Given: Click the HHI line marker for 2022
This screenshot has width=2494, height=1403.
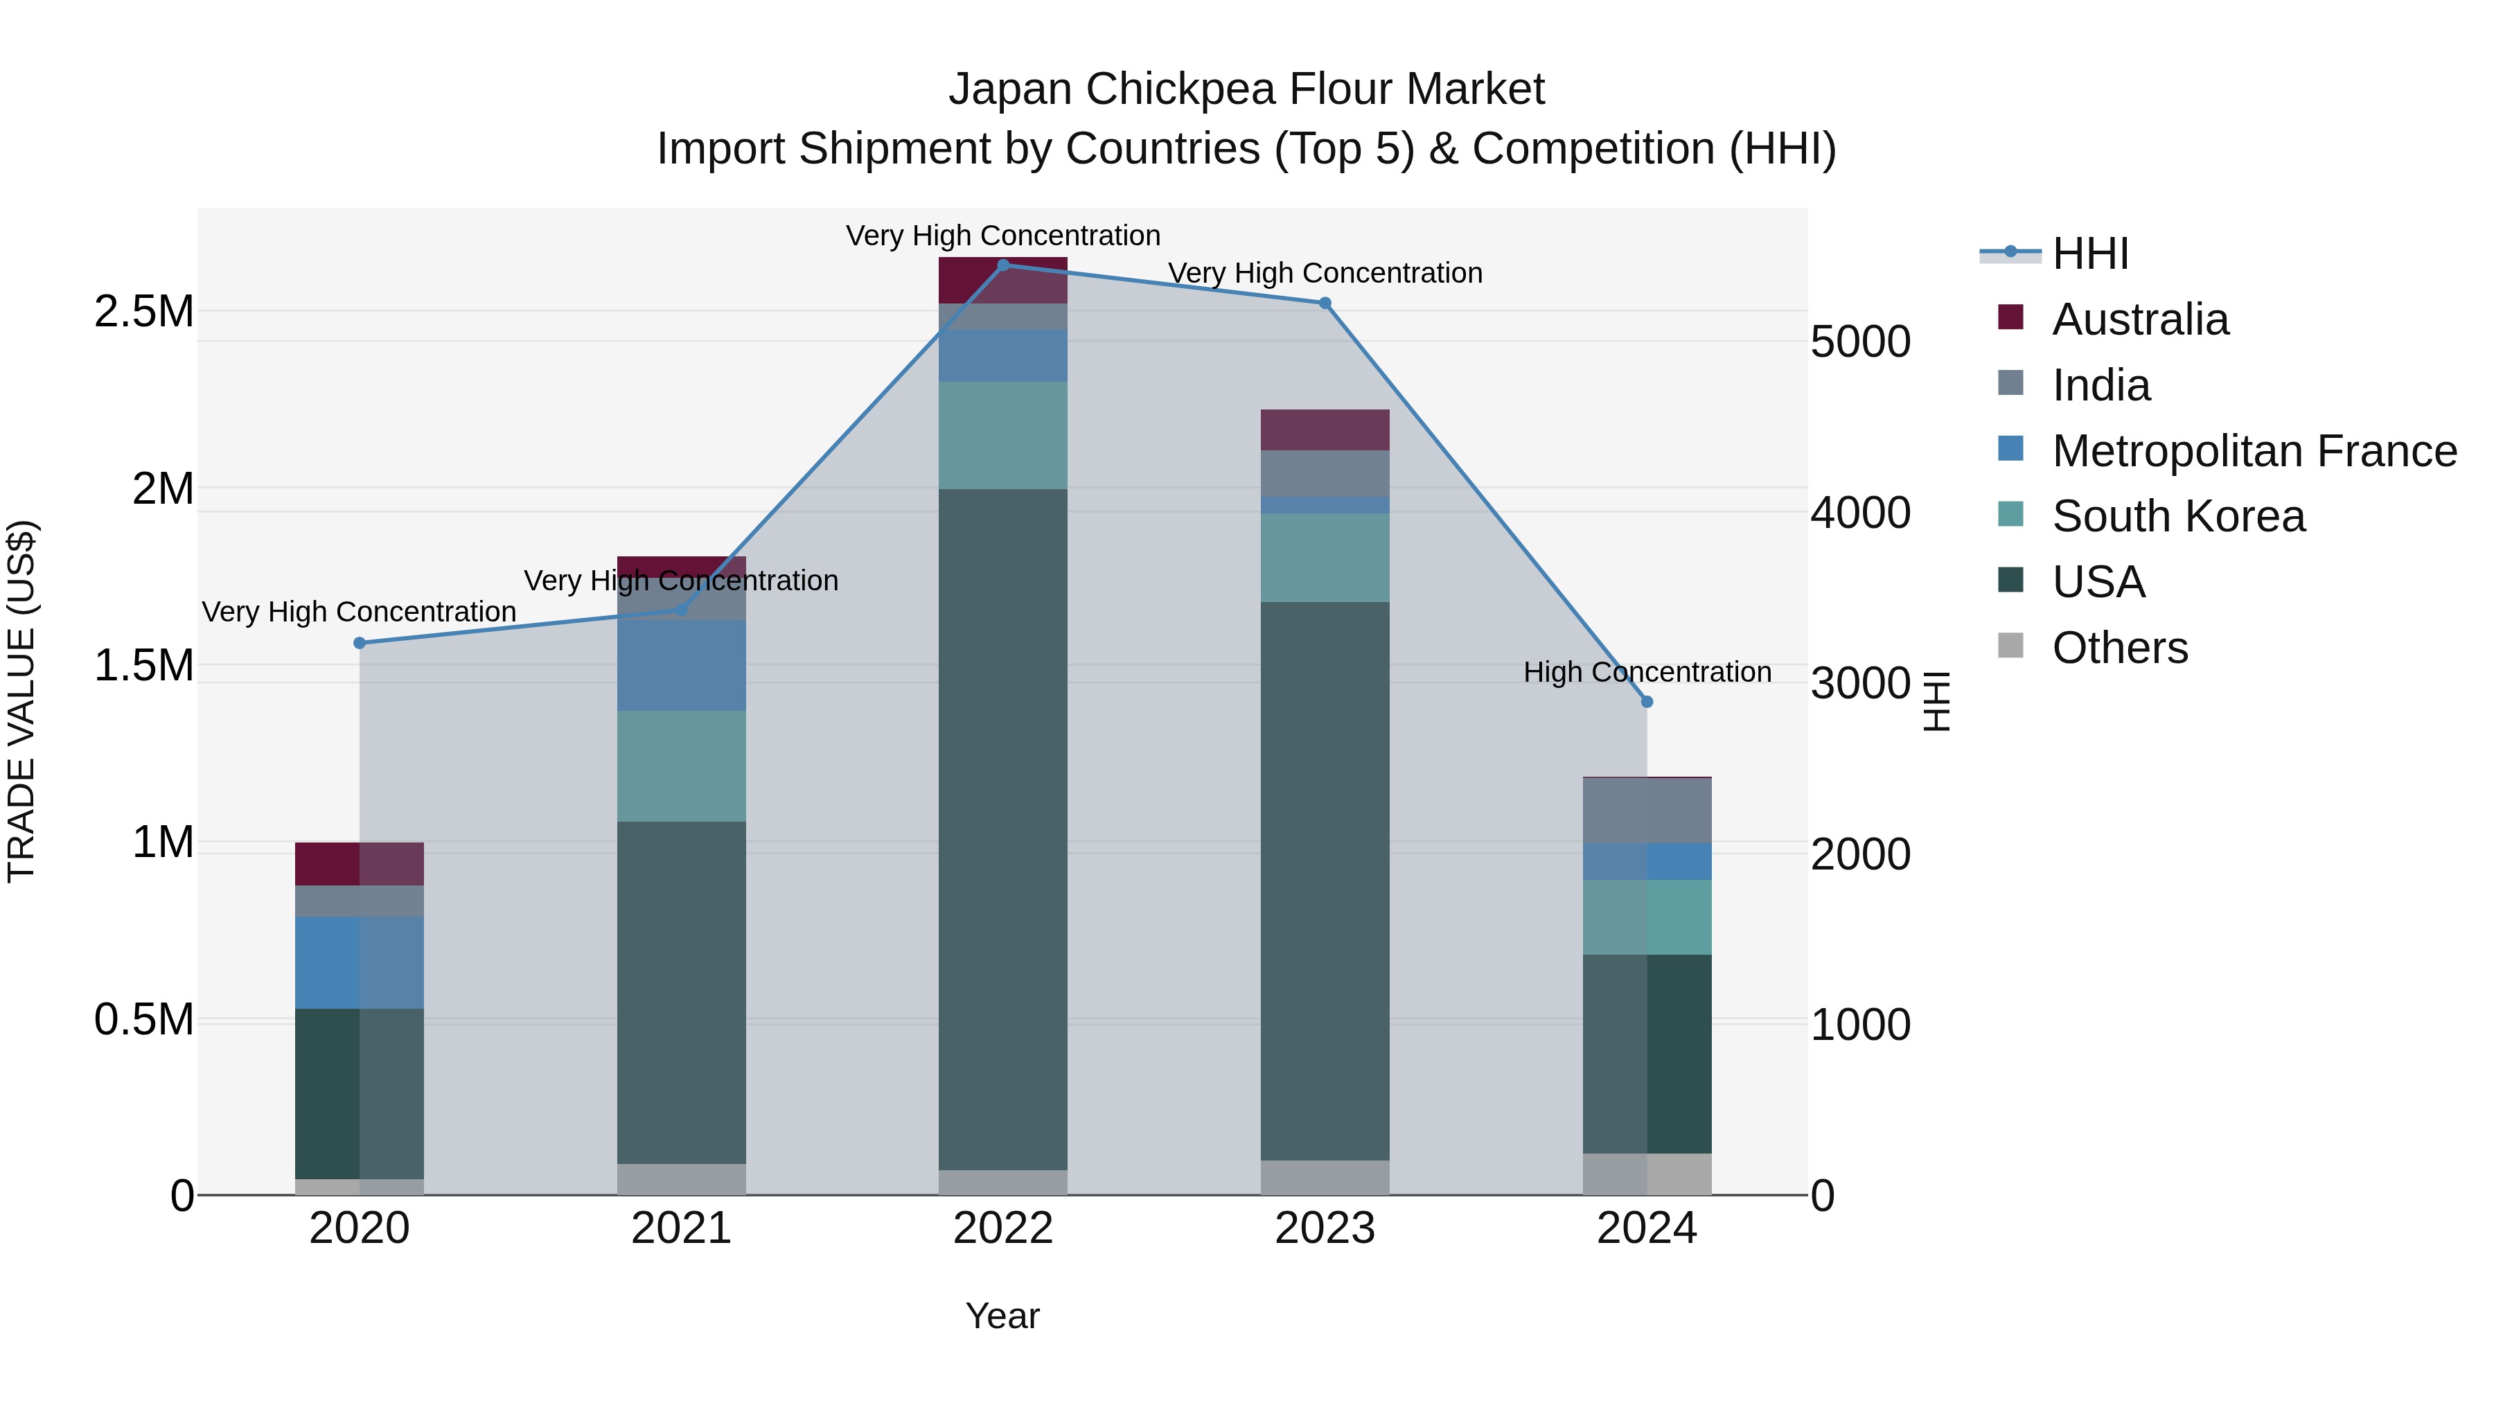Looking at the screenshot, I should point(1003,265).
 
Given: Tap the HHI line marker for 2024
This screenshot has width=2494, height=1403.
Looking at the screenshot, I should point(1647,702).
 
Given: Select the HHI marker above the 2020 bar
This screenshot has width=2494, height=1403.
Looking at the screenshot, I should point(359,643).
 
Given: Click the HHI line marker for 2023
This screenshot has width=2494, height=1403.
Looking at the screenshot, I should point(1325,303).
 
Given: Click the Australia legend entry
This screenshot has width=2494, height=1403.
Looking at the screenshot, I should point(2140,319).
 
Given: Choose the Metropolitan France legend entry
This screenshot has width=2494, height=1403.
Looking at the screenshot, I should point(2254,451).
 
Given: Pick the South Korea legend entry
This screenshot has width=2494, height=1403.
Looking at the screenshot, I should point(2178,516).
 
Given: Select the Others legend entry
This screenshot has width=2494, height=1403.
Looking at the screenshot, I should point(2119,648).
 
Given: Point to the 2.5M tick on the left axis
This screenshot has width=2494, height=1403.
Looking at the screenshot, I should point(143,312).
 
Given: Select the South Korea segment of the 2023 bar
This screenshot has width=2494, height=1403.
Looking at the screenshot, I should point(1325,558).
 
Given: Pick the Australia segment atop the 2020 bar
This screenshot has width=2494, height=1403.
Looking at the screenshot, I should point(359,864).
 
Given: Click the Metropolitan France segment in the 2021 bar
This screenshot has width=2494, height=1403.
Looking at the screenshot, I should point(682,665).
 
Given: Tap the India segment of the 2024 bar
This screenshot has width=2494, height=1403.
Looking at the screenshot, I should point(1647,811).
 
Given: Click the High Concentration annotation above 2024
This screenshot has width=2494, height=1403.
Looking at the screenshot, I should point(1647,672).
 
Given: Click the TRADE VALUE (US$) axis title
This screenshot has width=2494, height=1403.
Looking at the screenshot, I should point(21,701).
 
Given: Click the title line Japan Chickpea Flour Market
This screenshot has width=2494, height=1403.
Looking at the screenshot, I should point(1246,89).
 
